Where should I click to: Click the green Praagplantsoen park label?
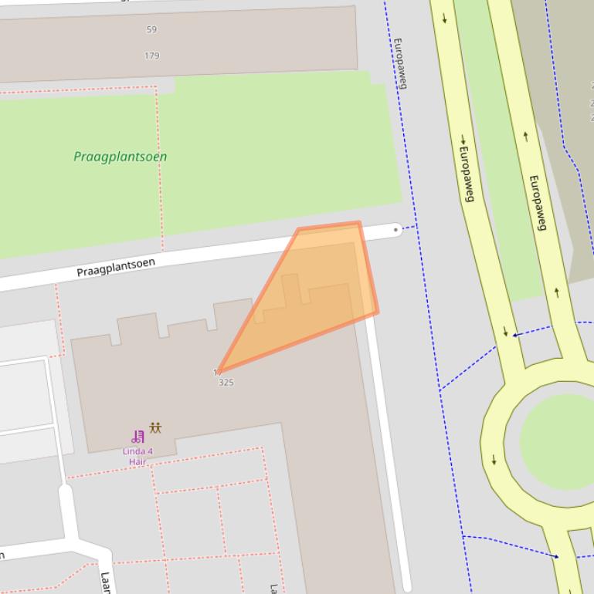point(120,157)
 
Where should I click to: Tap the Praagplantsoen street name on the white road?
point(116,268)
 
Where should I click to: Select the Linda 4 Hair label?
point(137,456)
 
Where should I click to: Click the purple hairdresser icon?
point(138,437)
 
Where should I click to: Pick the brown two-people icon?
point(156,427)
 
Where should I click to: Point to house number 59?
point(151,30)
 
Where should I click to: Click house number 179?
point(151,56)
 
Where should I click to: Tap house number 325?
point(226,383)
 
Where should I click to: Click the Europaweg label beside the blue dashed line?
point(399,63)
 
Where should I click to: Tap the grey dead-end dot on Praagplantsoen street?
point(396,229)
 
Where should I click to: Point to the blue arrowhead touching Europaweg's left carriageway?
point(515,335)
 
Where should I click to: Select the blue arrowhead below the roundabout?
point(555,555)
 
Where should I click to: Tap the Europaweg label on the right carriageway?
point(538,203)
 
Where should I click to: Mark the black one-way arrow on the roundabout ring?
point(494,461)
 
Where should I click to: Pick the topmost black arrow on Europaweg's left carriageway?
point(445,19)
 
